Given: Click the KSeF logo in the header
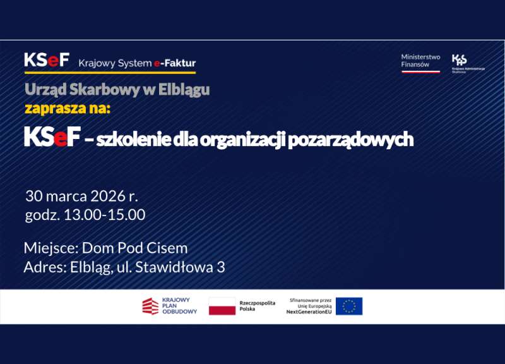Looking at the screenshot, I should click(x=47, y=61).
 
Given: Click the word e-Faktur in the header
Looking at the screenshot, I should click(x=175, y=63).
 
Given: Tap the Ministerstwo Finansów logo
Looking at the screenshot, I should click(x=420, y=62).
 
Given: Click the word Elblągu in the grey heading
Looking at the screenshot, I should click(x=183, y=90).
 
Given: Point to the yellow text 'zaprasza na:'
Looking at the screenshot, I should click(x=68, y=109).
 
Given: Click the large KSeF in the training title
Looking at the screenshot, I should click(x=52, y=138).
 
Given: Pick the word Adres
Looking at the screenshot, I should click(x=44, y=267).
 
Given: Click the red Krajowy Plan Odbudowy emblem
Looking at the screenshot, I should click(x=150, y=306).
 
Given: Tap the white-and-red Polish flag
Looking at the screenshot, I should click(x=222, y=306).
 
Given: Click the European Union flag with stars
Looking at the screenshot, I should click(x=349, y=306).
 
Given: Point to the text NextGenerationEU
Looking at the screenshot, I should click(x=309, y=312).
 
